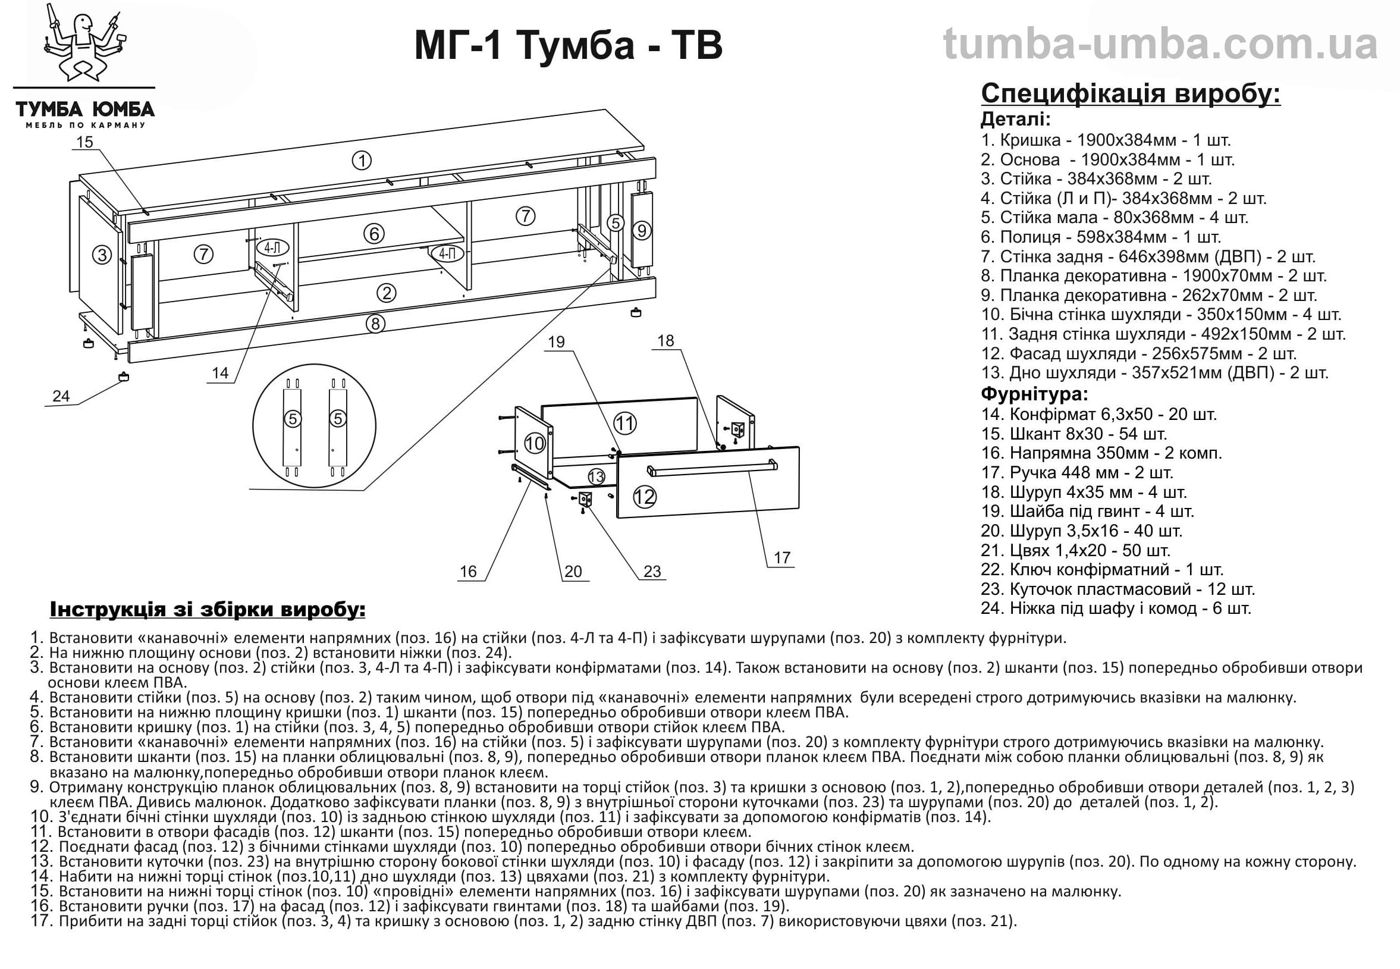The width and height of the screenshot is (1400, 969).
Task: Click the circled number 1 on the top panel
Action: pos(362,161)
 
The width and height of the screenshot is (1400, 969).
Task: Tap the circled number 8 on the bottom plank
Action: pos(375,324)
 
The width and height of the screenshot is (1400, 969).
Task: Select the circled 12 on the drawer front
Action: pos(645,497)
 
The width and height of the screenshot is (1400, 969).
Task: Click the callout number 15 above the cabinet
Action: pos(84,142)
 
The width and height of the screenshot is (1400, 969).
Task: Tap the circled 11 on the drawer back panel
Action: pos(624,423)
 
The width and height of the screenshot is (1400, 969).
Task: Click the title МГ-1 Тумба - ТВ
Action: pos(568,46)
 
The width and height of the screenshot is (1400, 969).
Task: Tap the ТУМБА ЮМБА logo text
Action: pos(85,110)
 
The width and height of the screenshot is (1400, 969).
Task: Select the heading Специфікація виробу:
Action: pos(1131,94)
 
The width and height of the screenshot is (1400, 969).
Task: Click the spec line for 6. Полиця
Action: pos(1100,237)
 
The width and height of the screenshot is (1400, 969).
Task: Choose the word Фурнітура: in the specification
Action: pos(1035,394)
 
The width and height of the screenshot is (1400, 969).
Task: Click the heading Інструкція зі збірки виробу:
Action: pos(208,609)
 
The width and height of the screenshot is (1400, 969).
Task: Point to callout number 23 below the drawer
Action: pos(652,571)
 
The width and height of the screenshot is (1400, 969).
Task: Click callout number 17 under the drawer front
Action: pos(781,557)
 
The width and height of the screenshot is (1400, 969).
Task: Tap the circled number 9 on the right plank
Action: pos(642,231)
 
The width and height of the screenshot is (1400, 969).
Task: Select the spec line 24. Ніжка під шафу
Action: pos(1115,609)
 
